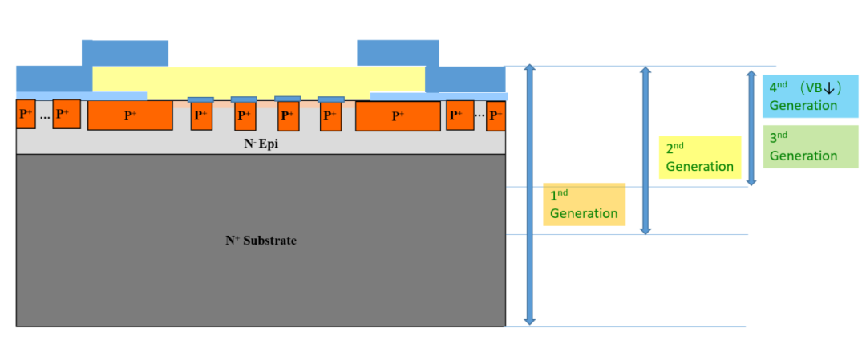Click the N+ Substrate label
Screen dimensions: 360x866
point(261,241)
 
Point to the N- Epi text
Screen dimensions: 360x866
point(261,144)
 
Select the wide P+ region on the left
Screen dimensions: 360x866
point(130,115)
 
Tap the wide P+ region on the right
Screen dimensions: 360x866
point(398,115)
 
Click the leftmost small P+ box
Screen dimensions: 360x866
point(26,115)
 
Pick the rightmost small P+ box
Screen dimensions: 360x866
point(496,115)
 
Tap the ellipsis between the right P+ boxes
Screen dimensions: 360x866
point(480,115)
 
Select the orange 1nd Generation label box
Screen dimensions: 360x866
point(585,204)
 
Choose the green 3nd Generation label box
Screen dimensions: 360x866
point(811,147)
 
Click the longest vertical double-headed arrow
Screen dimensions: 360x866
point(529,194)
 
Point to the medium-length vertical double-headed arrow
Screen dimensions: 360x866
point(645,150)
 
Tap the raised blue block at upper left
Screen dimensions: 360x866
point(125,53)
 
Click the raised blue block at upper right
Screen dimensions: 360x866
point(398,53)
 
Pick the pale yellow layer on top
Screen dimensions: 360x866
point(259,80)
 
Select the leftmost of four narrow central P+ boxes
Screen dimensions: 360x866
point(200,117)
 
